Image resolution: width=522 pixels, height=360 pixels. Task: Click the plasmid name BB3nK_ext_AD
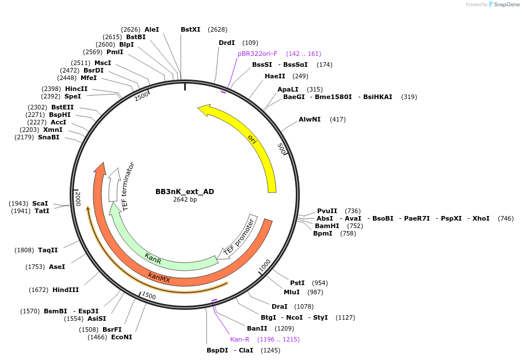pyautogui.click(x=185, y=191)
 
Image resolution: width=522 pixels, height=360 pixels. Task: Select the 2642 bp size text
pyautogui.click(x=185, y=200)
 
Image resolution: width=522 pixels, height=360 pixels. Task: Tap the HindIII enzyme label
pyautogui.click(x=66, y=290)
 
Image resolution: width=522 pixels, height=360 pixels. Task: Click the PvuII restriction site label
pyautogui.click(x=327, y=211)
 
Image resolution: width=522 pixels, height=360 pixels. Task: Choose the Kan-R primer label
pyautogui.click(x=240, y=339)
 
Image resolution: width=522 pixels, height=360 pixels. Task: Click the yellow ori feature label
pyautogui.click(x=252, y=138)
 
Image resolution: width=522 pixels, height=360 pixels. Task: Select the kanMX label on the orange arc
pyautogui.click(x=159, y=278)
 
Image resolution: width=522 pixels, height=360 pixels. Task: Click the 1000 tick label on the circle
pyautogui.click(x=264, y=266)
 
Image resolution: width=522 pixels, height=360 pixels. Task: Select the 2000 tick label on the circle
pyautogui.click(x=78, y=199)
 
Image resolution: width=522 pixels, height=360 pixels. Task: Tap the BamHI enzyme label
pyautogui.click(x=327, y=226)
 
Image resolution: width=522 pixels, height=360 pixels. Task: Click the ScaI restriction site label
pyautogui.click(x=40, y=203)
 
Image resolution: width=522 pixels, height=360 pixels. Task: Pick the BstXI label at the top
pyautogui.click(x=190, y=29)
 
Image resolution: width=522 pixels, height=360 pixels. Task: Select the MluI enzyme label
pyautogui.click(x=292, y=292)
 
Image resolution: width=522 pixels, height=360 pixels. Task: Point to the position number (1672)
pyautogui.click(x=38, y=290)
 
